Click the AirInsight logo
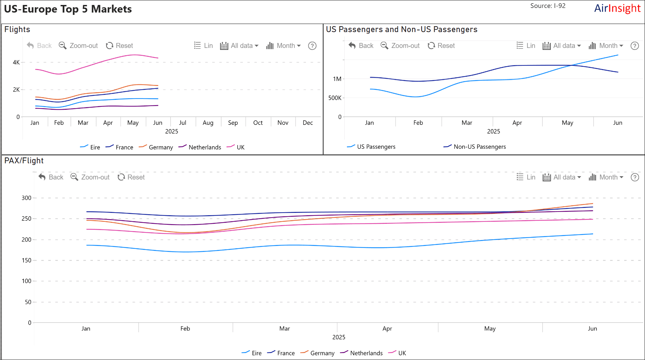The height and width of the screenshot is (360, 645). (x=617, y=9)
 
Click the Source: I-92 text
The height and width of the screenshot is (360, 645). (x=548, y=6)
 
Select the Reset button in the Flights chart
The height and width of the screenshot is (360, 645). (x=119, y=46)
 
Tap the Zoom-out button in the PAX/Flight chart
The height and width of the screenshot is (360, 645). (x=90, y=177)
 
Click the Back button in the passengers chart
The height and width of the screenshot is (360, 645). (x=361, y=46)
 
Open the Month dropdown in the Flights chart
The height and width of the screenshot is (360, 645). (x=284, y=46)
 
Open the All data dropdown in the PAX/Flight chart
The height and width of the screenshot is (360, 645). (x=562, y=177)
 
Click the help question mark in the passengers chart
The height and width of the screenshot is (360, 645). (x=634, y=46)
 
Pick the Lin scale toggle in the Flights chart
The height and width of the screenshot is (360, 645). (x=204, y=46)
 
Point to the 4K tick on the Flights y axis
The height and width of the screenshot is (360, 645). (x=16, y=62)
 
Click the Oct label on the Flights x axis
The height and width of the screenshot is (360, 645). (x=258, y=123)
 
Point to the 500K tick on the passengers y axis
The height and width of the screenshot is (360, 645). (x=334, y=98)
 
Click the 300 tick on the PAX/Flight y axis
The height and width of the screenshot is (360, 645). (x=26, y=198)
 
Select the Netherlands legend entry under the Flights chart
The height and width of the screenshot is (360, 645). (x=200, y=147)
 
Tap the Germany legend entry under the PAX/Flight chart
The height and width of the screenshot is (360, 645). (x=318, y=353)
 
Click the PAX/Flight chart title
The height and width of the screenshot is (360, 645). (x=24, y=161)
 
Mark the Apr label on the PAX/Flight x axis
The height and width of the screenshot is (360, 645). (x=387, y=329)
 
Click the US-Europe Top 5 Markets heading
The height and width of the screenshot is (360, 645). (x=68, y=9)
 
